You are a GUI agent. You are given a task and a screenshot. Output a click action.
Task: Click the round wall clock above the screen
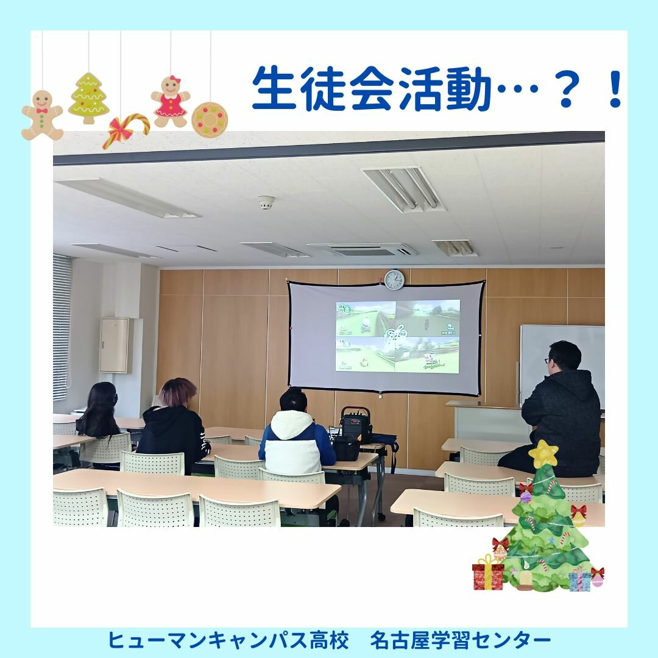pos(394,280)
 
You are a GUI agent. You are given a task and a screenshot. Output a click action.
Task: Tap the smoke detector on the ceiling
pos(266,202)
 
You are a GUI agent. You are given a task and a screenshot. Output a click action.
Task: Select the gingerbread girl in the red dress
pos(171,102)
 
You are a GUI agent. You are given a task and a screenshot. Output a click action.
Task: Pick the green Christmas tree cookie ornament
pos(88,97)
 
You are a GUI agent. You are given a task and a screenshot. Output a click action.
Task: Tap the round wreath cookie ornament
pos(210,119)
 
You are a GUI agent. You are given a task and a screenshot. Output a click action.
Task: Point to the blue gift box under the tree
pos(579,579)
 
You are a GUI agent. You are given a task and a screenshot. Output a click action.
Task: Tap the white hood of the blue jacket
pos(292,425)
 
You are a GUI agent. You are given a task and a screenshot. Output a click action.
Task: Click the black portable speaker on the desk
pos(355,425)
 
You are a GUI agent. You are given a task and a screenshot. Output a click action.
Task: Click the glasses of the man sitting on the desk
pos(548,360)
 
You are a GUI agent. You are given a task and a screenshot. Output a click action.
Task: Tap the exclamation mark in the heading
pos(615,88)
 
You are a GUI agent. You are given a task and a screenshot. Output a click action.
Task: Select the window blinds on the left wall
pos(62,327)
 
